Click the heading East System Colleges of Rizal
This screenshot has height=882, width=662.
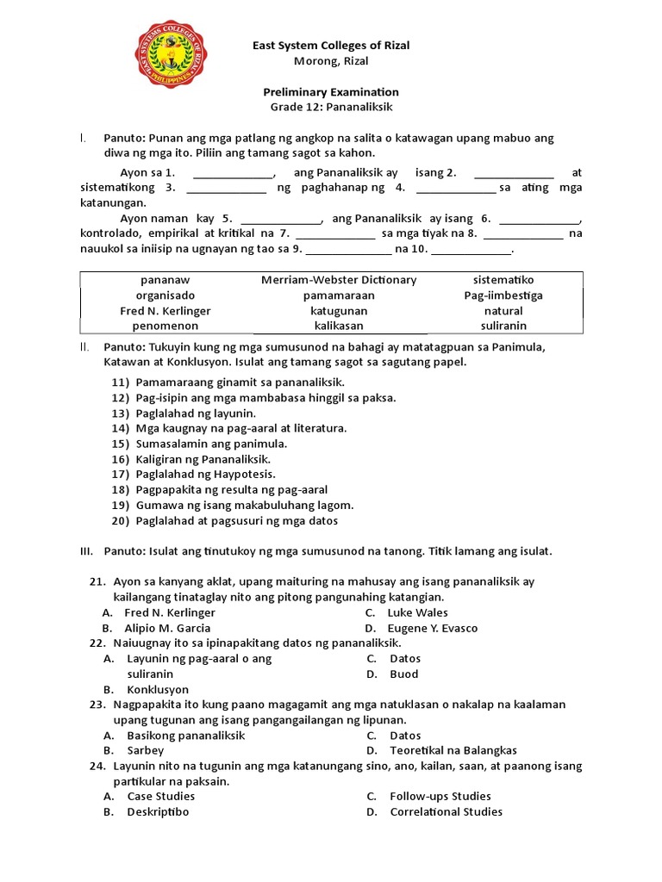click(x=330, y=46)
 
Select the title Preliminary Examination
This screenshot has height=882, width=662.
click(x=330, y=92)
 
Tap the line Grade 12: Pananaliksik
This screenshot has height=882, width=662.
click(x=330, y=108)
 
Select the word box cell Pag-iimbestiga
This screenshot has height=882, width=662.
click(x=503, y=295)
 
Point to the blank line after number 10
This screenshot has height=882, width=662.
click(x=471, y=251)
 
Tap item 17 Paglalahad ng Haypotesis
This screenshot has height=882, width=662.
click(x=205, y=475)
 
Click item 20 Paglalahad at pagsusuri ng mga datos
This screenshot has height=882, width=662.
click(x=236, y=521)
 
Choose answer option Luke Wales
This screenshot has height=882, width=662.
click(x=417, y=613)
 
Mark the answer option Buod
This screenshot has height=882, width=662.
click(x=403, y=674)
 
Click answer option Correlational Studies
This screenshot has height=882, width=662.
click(x=446, y=812)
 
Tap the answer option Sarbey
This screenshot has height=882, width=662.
click(x=145, y=751)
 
